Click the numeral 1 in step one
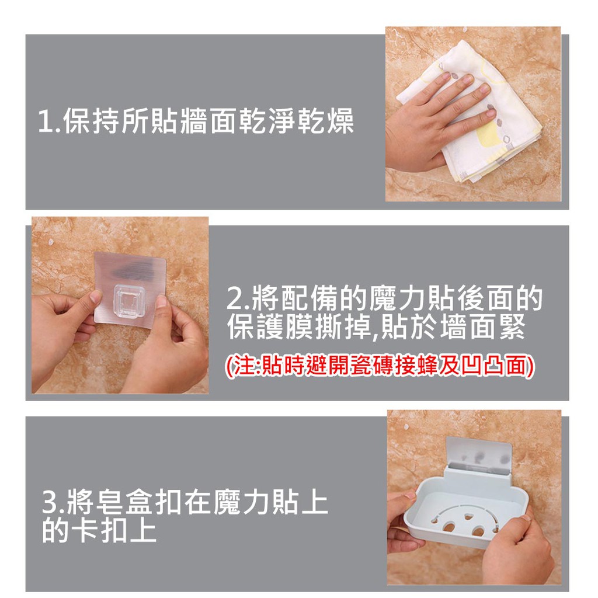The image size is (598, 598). click(44, 121)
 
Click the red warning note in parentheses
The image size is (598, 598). click(380, 366)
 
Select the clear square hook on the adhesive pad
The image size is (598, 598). click(129, 301)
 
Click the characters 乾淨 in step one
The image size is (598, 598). click(267, 121)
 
